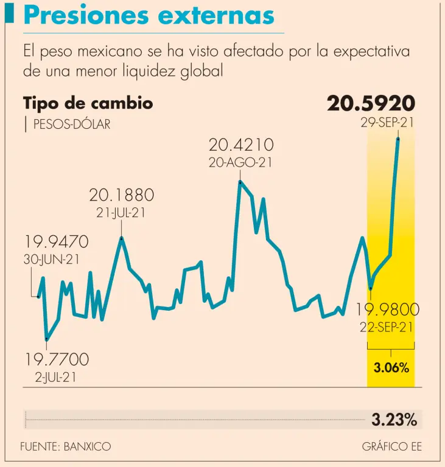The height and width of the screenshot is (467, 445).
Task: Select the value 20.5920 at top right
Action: point(371,103)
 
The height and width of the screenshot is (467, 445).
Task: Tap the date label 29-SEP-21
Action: point(387,122)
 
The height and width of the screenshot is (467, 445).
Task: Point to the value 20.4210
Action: point(241,145)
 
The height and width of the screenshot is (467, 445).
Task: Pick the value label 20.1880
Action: point(122,195)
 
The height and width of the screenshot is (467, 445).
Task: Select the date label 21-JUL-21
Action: point(122,213)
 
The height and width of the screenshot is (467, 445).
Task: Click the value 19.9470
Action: point(57,242)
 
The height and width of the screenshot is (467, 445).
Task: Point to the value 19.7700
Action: point(57,359)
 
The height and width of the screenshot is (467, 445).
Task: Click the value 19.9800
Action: point(388,310)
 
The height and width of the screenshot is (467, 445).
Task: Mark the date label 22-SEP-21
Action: point(387,327)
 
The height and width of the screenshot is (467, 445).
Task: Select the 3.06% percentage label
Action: point(390,368)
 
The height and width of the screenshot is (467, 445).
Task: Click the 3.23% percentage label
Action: point(394,419)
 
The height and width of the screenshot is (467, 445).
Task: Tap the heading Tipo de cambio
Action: point(88,103)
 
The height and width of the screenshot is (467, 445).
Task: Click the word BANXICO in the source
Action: point(86,446)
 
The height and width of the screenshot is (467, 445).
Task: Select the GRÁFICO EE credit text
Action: point(391,446)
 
